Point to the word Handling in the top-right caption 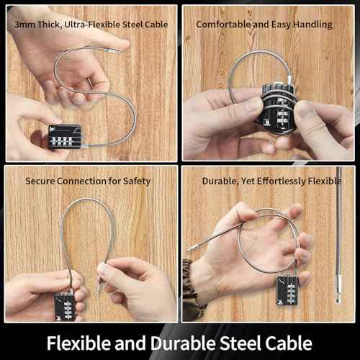pos(313,24)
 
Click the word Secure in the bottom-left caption pos(40,181)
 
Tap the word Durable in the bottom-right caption pos(219,181)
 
